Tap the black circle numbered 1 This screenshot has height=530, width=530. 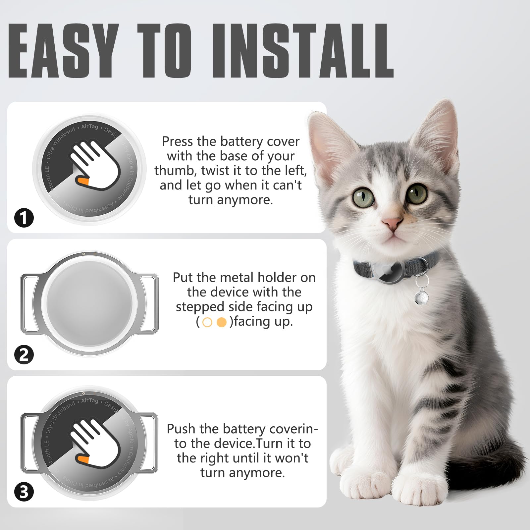tap(24, 218)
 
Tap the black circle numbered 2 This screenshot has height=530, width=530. tap(24, 355)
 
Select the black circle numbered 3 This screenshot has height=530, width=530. tap(24, 492)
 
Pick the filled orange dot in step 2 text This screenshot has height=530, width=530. tap(221, 322)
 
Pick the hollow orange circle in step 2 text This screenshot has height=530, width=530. tap(207, 322)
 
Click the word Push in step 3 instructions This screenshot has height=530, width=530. tap(181, 429)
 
